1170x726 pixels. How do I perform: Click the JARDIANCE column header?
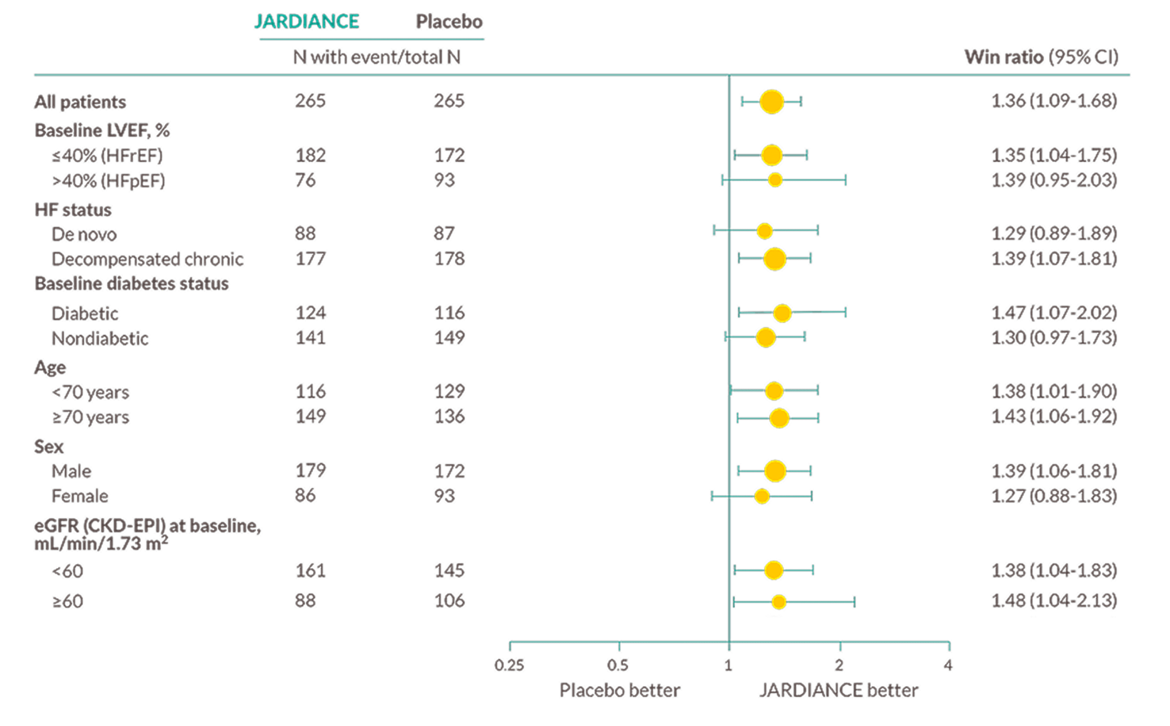[306, 21]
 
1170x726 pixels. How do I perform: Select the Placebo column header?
[449, 21]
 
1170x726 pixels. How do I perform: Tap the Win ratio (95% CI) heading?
[1041, 57]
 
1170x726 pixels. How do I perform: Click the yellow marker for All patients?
[771, 101]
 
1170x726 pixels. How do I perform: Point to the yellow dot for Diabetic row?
[782, 313]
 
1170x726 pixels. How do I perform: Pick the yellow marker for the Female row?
[761, 496]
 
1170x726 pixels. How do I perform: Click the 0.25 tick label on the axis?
[509, 665]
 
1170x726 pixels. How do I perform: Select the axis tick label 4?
[948, 665]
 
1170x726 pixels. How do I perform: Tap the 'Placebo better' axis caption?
[620, 690]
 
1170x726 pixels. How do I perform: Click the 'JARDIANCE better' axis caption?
[838, 690]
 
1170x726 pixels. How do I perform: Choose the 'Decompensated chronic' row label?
[148, 259]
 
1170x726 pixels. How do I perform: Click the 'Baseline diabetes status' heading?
[132, 283]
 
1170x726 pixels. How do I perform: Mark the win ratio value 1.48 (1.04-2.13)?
[1054, 600]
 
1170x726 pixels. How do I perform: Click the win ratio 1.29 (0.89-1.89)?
[1054, 233]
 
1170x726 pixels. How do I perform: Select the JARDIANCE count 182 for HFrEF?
[310, 155]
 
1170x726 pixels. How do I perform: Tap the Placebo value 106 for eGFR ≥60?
[449, 600]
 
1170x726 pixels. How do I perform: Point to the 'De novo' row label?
[84, 234]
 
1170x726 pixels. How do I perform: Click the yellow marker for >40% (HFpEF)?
[775, 180]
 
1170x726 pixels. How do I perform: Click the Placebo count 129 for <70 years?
[449, 391]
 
